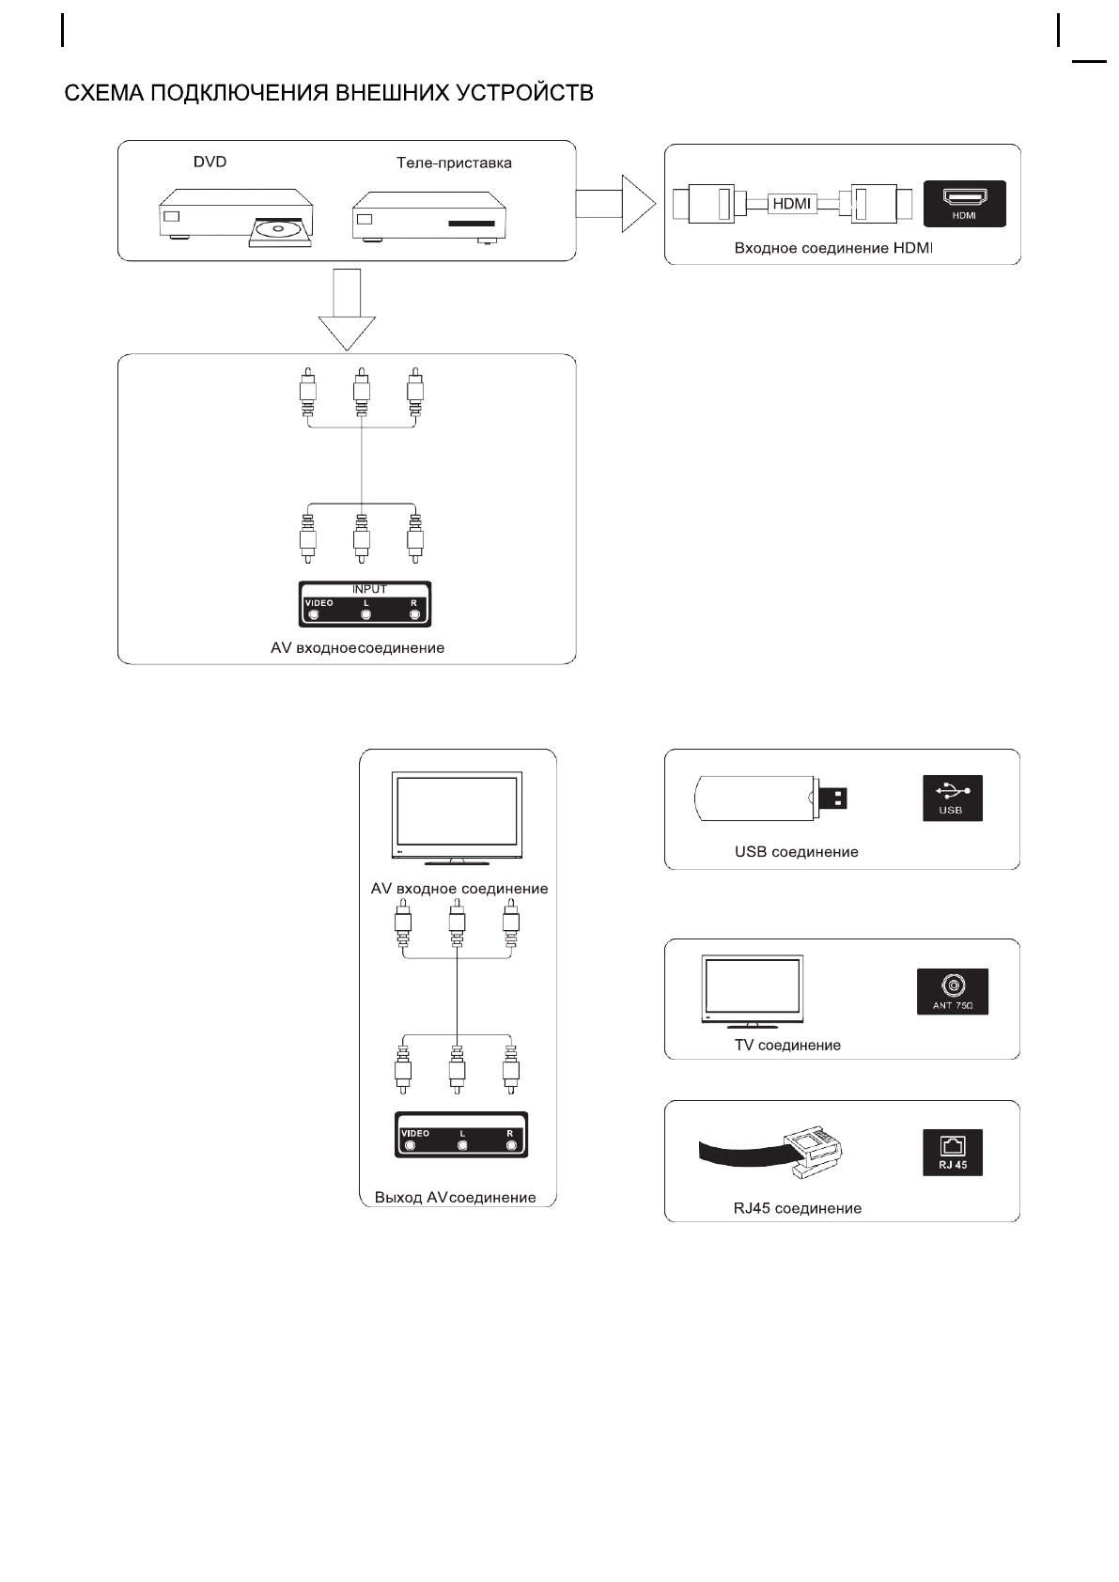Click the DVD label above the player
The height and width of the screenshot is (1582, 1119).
[210, 162]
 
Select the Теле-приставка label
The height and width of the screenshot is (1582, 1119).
[454, 163]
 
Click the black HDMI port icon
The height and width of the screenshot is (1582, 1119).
[964, 203]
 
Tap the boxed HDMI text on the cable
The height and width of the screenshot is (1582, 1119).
[791, 203]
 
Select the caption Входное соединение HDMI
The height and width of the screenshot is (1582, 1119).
[833, 248]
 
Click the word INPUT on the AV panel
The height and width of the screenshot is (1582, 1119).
[369, 589]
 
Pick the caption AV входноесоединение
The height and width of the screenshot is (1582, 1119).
[357, 647]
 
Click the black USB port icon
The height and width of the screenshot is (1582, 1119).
[952, 798]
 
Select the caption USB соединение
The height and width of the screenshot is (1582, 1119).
[796, 852]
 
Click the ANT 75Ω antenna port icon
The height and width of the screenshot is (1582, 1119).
[952, 991]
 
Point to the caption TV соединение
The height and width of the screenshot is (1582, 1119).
[787, 1045]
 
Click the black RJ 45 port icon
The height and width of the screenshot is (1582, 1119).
[952, 1153]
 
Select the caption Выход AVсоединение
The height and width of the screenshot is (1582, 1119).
[455, 1197]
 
